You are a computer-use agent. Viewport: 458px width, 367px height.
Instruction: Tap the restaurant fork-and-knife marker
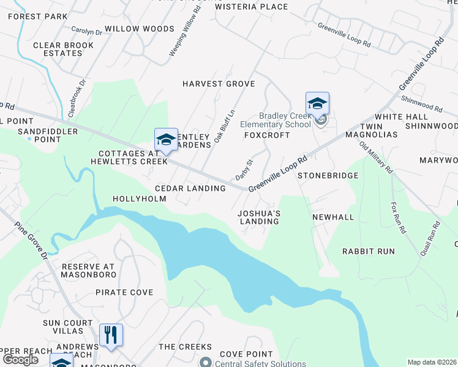(x=111, y=335)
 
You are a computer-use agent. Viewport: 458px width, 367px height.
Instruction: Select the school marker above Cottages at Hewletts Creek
(x=166, y=140)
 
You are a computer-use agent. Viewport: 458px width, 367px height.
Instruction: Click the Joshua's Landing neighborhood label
(x=259, y=217)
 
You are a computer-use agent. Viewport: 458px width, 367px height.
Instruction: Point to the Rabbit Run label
(x=368, y=251)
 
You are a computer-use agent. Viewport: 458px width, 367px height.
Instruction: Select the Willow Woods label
(x=140, y=29)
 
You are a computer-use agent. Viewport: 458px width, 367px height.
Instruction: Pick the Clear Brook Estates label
(x=64, y=49)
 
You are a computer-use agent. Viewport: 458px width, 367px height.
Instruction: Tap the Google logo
(x=20, y=359)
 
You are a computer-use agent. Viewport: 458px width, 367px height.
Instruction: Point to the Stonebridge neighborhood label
(x=328, y=176)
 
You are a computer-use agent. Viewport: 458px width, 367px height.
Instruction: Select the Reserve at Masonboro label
(x=88, y=271)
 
